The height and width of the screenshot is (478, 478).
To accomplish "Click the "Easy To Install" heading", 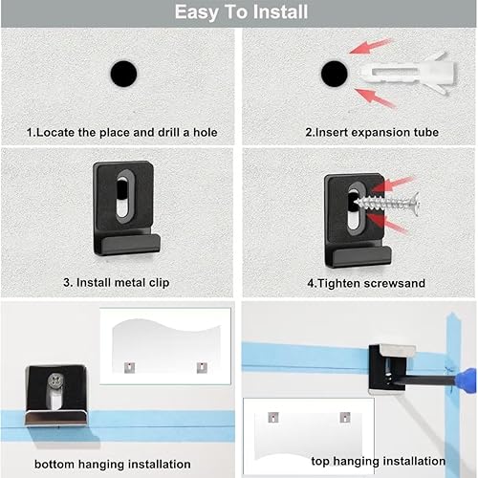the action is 241,12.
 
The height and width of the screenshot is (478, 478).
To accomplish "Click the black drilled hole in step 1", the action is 123,74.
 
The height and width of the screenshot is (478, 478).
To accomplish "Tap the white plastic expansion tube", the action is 408,73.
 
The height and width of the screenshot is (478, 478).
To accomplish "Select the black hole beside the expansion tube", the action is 335,74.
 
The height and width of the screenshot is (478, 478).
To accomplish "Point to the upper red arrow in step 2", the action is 371,46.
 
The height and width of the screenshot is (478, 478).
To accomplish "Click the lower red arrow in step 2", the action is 375,98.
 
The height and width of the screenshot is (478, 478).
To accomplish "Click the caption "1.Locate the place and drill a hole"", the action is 121,132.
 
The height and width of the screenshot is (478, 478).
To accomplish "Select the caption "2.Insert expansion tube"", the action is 372,132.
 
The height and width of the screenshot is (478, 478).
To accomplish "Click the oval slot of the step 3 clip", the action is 124,197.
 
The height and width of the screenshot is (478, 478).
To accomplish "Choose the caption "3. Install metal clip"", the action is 117,283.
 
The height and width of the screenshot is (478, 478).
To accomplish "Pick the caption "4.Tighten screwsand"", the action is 366,283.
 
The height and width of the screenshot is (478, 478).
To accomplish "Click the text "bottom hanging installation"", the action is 113,464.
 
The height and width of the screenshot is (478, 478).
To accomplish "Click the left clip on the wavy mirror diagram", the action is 129,367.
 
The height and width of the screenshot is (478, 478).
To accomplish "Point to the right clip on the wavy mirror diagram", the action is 202,367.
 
